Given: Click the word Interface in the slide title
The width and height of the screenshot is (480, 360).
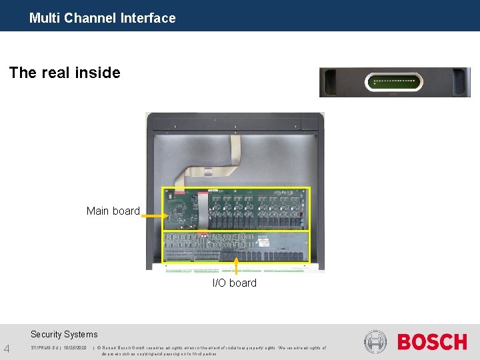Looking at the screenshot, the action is point(148,18).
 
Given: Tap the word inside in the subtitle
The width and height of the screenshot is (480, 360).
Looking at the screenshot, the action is point(98,73).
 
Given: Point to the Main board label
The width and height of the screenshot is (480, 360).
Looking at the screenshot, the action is point(113,211).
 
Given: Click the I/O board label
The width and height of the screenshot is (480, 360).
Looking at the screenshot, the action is point(234,283).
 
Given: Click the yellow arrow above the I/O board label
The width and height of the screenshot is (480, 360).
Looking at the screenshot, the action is point(236,267).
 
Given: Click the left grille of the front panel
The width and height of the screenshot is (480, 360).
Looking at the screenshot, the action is point(329,83).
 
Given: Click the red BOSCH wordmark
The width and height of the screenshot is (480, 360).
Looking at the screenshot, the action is point(432,343).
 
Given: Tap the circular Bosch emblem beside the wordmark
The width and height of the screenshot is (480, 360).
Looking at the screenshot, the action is point(375,342).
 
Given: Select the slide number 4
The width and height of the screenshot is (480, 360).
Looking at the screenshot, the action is point(7,349).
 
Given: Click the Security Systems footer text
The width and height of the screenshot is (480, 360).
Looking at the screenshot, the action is point(64,335).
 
